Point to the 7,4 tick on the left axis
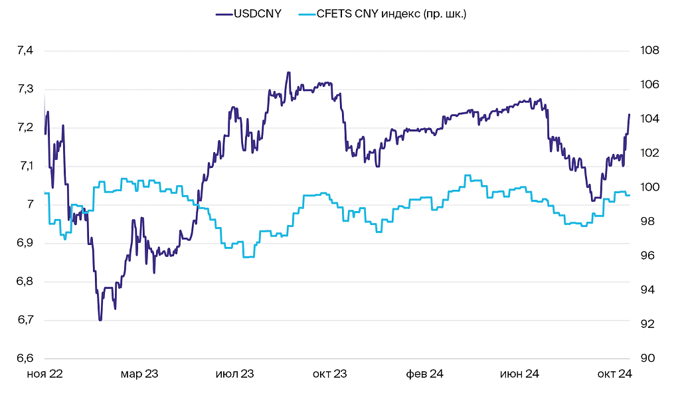[x=25, y=50]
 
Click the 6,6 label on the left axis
[x=25, y=358]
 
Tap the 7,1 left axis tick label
[x=25, y=166]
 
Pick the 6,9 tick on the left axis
[x=25, y=243]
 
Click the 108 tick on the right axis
[x=649, y=50]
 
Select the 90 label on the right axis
[x=646, y=358]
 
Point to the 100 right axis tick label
[x=649, y=187]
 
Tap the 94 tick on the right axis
[x=646, y=290]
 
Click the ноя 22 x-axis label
[x=44, y=374]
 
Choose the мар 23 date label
[x=139, y=374]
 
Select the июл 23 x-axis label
[x=235, y=374]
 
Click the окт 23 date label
[x=330, y=374]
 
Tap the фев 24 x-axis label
[x=425, y=374]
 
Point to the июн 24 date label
[x=520, y=374]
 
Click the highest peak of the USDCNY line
[x=288, y=72]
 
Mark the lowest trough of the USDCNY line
[x=100, y=320]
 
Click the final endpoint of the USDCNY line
[x=629, y=114]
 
